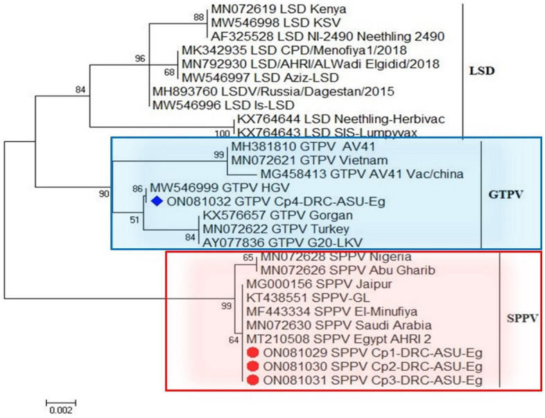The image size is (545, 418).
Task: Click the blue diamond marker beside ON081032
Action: [x=156, y=202]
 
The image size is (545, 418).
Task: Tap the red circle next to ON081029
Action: [x=252, y=354]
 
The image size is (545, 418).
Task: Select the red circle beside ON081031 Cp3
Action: [x=252, y=380]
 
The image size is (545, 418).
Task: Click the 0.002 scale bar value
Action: [x=61, y=410]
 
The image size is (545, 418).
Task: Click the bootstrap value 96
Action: [x=140, y=59]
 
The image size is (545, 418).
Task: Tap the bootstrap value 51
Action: [x=135, y=220]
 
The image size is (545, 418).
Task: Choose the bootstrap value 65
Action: [x=248, y=257]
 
